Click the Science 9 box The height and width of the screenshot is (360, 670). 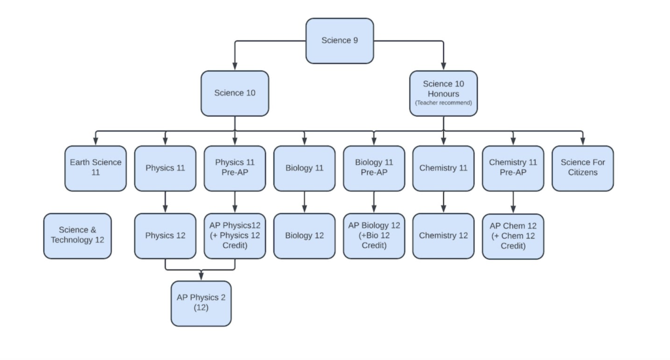(340, 41)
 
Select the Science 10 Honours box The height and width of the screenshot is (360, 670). (443, 93)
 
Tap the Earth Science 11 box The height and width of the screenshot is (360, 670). (96, 168)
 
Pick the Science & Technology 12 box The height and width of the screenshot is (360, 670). (77, 235)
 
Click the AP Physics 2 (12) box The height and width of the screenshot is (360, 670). (201, 302)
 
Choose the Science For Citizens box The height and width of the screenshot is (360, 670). (582, 168)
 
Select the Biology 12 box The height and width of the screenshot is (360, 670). (304, 236)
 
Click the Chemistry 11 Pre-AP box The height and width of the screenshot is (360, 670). (513, 168)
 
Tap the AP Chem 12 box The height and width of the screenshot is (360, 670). (513, 236)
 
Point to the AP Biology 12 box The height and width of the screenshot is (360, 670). (374, 236)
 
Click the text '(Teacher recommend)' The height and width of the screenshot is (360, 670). (443, 103)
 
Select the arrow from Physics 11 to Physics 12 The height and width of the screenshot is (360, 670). (165, 202)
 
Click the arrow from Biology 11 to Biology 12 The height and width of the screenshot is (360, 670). (304, 202)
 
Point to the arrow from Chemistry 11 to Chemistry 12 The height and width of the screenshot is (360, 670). (443, 202)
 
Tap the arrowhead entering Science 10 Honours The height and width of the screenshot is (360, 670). (443, 66)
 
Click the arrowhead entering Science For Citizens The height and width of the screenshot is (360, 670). (582, 141)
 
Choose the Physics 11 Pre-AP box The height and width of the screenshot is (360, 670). (234, 168)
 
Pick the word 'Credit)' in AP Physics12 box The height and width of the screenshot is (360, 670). (234, 246)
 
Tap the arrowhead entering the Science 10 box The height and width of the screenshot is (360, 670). (234, 66)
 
